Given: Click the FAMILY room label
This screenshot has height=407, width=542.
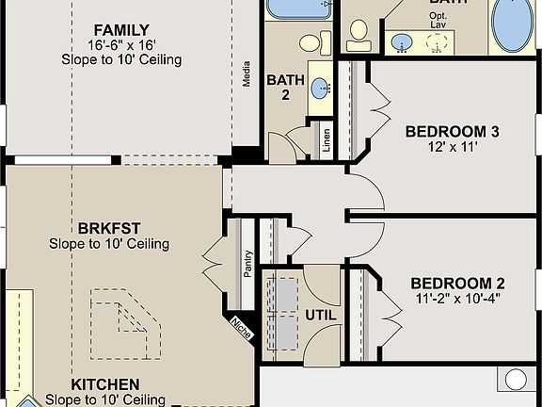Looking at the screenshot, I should coord(121,29).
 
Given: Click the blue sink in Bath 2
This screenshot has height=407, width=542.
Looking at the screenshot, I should coord(322,90).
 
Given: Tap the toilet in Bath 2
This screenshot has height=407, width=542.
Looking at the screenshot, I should coord(311,42).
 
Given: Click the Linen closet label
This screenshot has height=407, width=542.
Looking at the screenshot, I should coord(326,138).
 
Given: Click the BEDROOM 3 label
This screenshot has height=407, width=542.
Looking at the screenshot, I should coord(452,132).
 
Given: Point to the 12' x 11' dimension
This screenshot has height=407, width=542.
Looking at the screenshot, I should coord(452,148).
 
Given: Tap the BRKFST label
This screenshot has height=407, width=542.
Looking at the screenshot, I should coord(109,228).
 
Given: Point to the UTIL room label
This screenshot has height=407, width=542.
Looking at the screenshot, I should coord(321,316).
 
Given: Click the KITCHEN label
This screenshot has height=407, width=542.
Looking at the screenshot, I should coord(105,384).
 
